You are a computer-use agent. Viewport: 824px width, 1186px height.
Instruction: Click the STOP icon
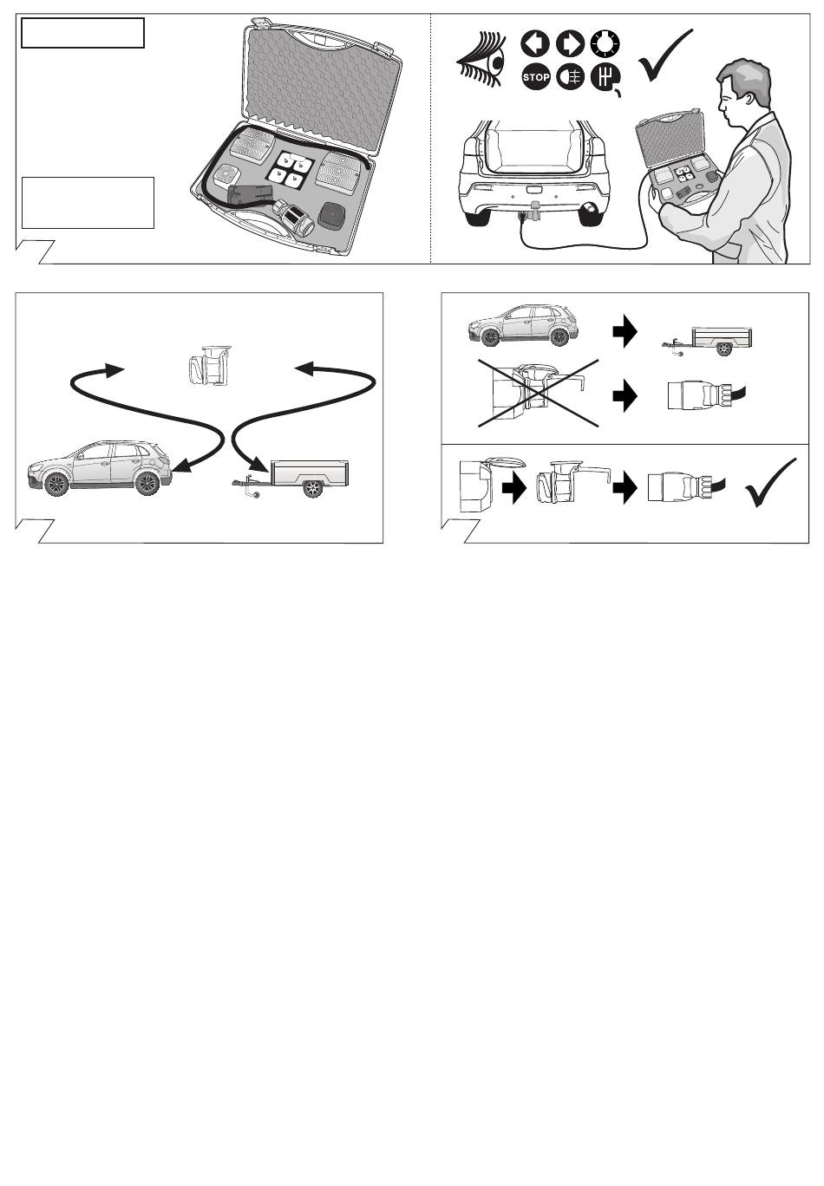[x=535, y=77]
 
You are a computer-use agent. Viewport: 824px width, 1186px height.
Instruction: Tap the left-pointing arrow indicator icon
[x=535, y=43]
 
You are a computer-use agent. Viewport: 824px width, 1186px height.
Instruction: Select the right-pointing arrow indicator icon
[x=571, y=43]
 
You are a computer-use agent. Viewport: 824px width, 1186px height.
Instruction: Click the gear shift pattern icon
[x=605, y=78]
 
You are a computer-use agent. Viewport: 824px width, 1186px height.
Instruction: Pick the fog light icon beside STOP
[x=571, y=77]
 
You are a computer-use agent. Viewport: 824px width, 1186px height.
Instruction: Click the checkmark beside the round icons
[x=664, y=55]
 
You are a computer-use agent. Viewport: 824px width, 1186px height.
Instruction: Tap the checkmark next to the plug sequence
[x=770, y=482]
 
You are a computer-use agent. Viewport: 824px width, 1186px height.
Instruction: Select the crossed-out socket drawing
[x=538, y=393]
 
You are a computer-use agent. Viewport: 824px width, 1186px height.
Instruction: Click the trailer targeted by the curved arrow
[x=291, y=479]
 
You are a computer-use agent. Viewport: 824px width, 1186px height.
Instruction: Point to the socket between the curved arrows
[x=210, y=365]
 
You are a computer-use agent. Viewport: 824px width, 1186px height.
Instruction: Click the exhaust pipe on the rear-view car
[x=588, y=216]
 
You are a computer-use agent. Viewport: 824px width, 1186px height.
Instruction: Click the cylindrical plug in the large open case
[x=293, y=219]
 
